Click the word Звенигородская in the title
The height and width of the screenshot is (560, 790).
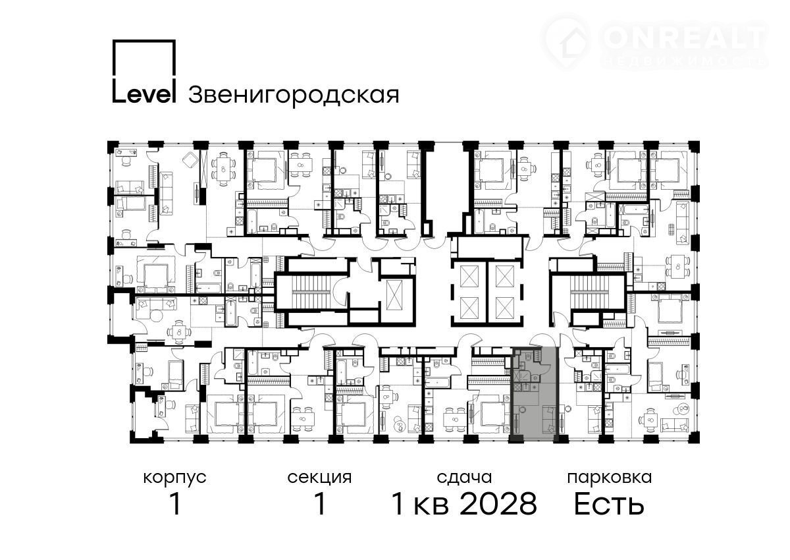294,96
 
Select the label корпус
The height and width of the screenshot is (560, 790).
174,479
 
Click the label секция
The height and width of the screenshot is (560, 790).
319,478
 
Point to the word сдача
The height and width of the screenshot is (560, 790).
464,478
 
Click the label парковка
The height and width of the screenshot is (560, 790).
610,479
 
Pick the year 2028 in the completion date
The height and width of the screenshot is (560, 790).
498,505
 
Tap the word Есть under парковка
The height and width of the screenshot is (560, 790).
609,505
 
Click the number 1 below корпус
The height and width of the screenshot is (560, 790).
175,504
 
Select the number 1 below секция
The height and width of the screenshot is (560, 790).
320,504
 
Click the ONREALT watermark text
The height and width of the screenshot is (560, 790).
683,38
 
